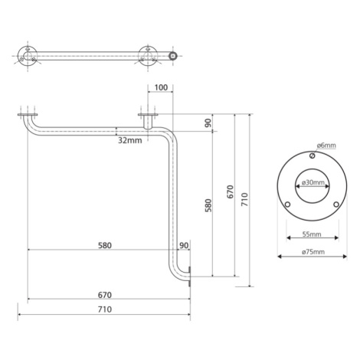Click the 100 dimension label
[x=161, y=87]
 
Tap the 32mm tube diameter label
[x=129, y=140]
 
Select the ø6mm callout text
[x=326, y=146]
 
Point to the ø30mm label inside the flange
[x=313, y=182]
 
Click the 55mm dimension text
[x=312, y=234]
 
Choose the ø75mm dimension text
[x=313, y=252]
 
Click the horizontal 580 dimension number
[x=105, y=245]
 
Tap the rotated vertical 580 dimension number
[x=208, y=206]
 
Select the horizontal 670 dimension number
[x=105, y=295]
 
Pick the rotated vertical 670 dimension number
[x=230, y=192]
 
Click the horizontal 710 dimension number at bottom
[x=105, y=309]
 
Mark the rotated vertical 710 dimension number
[x=244, y=200]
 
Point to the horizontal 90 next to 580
[x=184, y=245]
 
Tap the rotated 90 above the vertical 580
[x=208, y=123]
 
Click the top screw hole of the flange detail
[x=312, y=155]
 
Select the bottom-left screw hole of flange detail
[x=287, y=205]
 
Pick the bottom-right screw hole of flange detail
[x=336, y=205]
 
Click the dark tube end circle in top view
[x=174, y=56]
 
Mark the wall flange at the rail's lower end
[x=189, y=277]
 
